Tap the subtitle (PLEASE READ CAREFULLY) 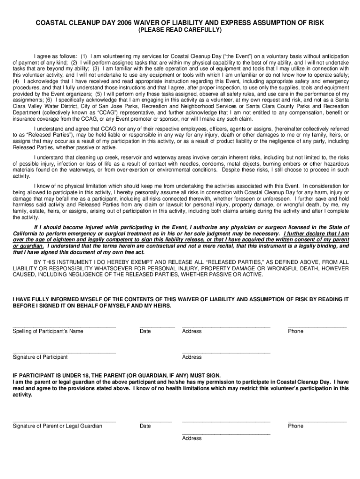pyautogui.click(x=180, y=30)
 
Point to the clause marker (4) pyautogui.click(x=17, y=81)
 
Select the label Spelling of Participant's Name pyautogui.click(x=48, y=332)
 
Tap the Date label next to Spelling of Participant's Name pyautogui.click(x=145, y=332)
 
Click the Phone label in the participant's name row pyautogui.click(x=295, y=332)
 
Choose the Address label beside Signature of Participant pyautogui.click(x=192, y=357)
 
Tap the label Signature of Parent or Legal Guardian pyautogui.click(x=57, y=426)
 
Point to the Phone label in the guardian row pyautogui.click(x=295, y=426)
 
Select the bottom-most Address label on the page pyautogui.click(x=192, y=439)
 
